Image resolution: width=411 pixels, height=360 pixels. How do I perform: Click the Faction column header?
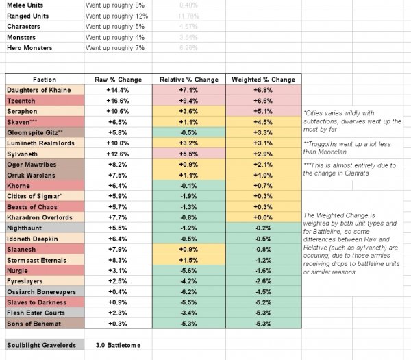[44, 79]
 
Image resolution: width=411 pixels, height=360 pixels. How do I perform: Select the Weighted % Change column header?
[264, 79]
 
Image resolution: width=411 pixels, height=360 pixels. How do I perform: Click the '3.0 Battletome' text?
[117, 344]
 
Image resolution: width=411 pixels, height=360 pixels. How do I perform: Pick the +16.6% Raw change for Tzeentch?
[113, 100]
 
